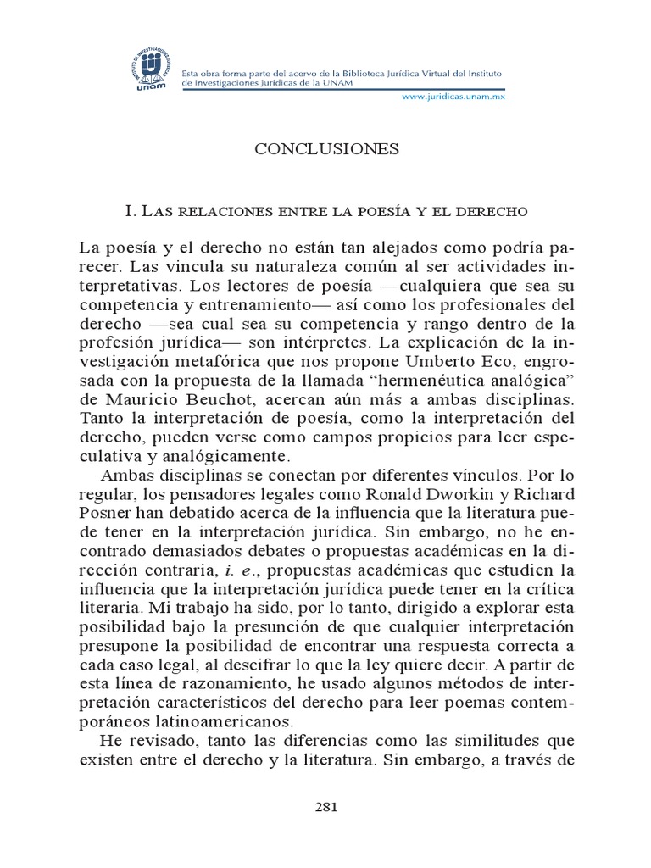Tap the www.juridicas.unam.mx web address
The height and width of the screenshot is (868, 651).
pos(453,97)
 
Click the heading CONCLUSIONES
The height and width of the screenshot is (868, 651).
pos(314,149)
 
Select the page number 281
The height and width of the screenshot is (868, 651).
pos(326,808)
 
